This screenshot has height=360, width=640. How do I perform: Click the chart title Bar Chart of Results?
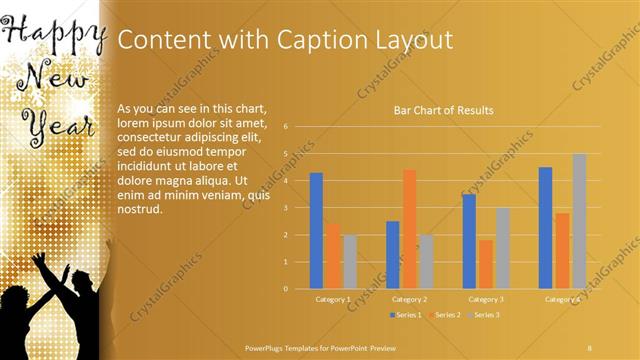(443, 111)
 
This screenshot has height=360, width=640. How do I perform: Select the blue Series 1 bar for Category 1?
(316, 230)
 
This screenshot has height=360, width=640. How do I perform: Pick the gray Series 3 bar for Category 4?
(579, 221)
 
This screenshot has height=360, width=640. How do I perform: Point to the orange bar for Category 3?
(485, 264)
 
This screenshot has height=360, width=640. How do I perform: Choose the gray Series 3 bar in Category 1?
(349, 261)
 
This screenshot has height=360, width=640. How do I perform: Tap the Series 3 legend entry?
(483, 314)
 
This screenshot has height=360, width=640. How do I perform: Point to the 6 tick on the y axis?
(286, 127)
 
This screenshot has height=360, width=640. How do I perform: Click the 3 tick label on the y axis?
(286, 208)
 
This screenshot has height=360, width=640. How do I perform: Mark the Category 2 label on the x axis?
(409, 299)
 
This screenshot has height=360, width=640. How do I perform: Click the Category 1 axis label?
(332, 299)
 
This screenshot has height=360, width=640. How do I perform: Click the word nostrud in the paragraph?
(139, 211)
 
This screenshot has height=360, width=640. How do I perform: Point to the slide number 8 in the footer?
(590, 346)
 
